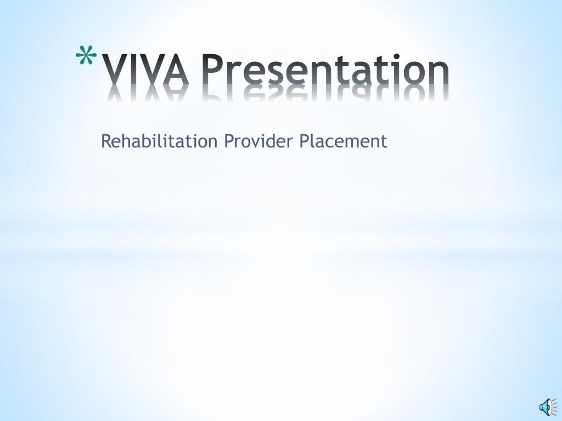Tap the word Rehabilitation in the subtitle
(x=159, y=141)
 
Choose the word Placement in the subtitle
(x=344, y=141)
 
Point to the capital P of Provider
(x=229, y=141)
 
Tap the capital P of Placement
(x=305, y=141)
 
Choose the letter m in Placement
(x=353, y=143)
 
